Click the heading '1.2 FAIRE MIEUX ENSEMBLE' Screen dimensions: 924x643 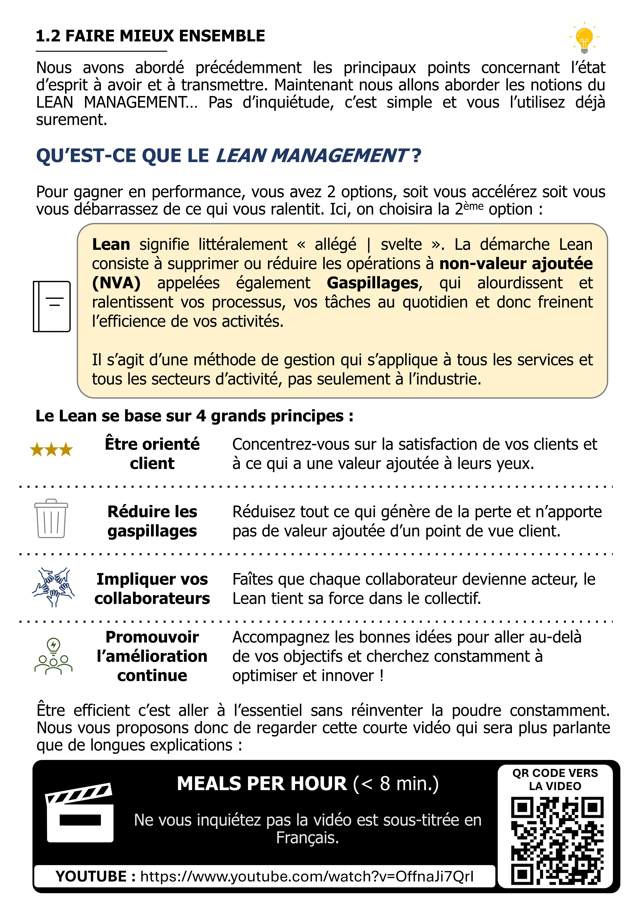click(x=150, y=36)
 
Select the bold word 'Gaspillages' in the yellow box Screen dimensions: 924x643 click(x=372, y=283)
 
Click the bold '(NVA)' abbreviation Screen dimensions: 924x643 click(x=116, y=283)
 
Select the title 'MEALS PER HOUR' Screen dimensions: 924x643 click(x=262, y=784)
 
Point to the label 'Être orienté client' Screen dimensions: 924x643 click(x=152, y=454)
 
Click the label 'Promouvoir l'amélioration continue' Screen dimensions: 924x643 click(x=152, y=656)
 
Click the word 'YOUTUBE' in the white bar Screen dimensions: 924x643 click(x=91, y=876)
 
